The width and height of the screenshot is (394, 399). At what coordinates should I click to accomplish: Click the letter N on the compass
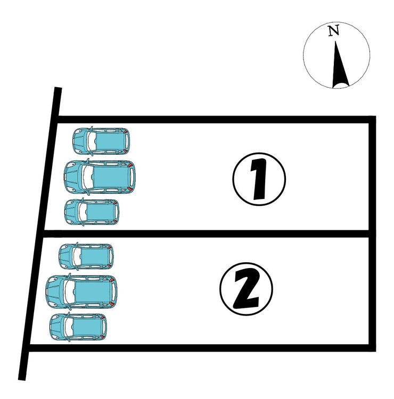pyautogui.click(x=334, y=30)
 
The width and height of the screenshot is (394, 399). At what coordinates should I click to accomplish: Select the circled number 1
pyautogui.click(x=259, y=179)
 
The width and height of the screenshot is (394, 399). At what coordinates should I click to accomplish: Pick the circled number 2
pyautogui.click(x=246, y=289)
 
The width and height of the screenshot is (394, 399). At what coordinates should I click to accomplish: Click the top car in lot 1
pyautogui.click(x=101, y=141)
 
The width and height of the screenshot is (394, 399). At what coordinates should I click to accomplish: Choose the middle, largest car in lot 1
pyautogui.click(x=100, y=177)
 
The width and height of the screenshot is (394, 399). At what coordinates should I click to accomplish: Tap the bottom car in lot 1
pyautogui.click(x=92, y=212)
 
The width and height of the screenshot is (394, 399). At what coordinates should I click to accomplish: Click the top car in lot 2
pyautogui.click(x=86, y=256)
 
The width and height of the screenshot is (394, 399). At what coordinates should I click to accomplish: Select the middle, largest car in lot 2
pyautogui.click(x=81, y=292)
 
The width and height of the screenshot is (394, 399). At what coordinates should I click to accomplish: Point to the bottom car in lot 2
pyautogui.click(x=78, y=327)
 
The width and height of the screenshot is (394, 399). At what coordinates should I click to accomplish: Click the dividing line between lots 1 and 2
pyautogui.click(x=206, y=234)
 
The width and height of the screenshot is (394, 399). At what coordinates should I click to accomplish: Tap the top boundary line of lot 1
pyautogui.click(x=217, y=120)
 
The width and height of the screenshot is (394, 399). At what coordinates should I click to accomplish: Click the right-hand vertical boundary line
pyautogui.click(x=373, y=234)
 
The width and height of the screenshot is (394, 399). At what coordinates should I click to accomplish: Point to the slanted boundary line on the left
pyautogui.click(x=40, y=234)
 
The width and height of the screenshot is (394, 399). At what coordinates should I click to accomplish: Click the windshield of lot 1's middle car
pyautogui.click(x=87, y=177)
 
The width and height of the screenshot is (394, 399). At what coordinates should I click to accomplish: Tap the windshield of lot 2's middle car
pyautogui.click(x=69, y=292)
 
